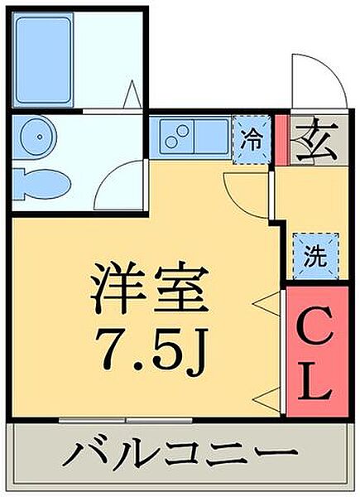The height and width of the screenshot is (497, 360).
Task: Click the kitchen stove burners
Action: click(177, 136)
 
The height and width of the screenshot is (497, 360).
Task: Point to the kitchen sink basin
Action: click(210, 135)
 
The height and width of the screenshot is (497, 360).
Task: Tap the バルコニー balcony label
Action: click(179, 455)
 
